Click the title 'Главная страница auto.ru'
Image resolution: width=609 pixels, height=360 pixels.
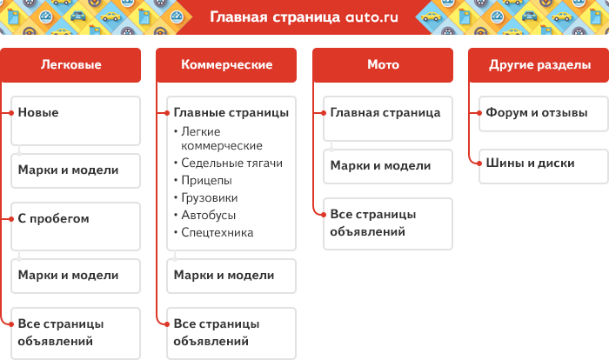point(304,17)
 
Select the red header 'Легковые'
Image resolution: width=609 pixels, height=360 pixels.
point(70,65)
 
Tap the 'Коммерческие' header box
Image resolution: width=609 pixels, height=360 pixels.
point(226,65)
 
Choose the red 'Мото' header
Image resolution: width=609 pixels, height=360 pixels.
point(383,65)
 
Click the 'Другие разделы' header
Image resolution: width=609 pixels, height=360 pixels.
point(539,65)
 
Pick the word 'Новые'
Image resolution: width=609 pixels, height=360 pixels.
point(38,113)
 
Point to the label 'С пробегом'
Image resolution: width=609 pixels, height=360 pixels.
point(54,218)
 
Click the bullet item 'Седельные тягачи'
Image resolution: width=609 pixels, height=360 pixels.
point(231,163)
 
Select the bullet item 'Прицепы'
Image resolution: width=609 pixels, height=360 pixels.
point(206,181)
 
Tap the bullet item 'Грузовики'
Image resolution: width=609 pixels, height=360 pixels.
point(210,197)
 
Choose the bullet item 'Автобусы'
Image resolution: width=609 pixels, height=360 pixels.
point(208,215)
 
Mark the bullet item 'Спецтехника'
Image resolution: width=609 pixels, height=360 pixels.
point(217,233)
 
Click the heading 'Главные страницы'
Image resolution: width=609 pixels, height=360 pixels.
point(231,113)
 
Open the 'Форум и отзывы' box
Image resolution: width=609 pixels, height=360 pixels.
point(544,114)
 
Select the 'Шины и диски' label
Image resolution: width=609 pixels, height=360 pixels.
point(530,163)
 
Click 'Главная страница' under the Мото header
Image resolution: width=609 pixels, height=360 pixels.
point(385,113)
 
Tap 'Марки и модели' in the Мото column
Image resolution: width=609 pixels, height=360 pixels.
point(381,166)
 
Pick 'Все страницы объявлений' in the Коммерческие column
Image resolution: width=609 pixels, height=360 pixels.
point(217,332)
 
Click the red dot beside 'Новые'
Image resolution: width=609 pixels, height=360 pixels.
point(11,113)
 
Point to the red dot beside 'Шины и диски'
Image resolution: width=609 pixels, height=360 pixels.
point(479,163)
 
